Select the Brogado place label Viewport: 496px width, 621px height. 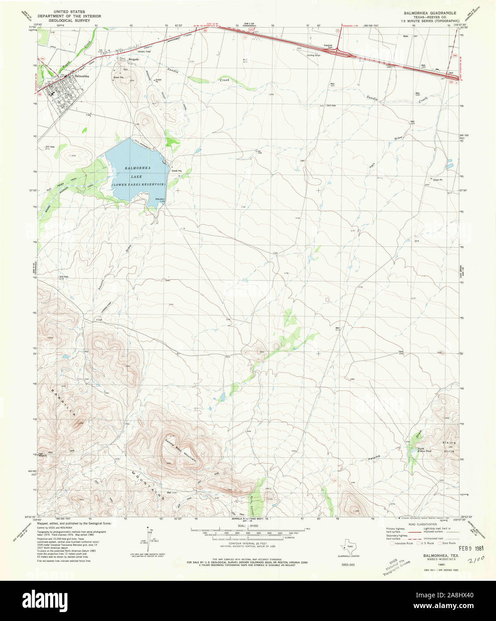134,59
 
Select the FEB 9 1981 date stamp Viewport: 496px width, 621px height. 470,547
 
